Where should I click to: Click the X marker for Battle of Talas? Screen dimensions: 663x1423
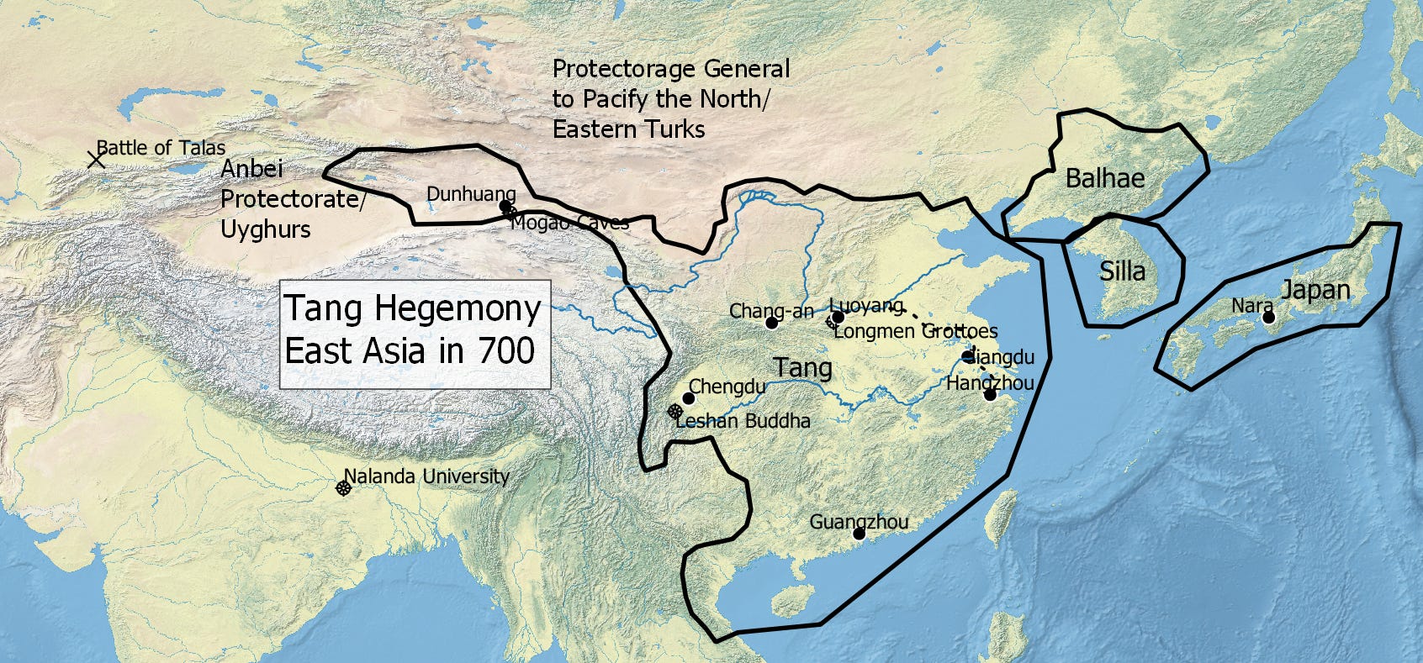click(x=97, y=159)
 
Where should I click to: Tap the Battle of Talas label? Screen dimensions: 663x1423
click(x=161, y=148)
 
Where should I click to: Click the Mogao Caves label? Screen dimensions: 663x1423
click(x=569, y=223)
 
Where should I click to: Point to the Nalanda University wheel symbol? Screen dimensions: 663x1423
click(x=343, y=488)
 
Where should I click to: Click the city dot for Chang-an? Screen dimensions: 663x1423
click(x=772, y=323)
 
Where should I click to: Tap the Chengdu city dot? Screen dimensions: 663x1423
click(x=689, y=398)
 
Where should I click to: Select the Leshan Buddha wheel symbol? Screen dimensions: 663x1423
click(x=674, y=412)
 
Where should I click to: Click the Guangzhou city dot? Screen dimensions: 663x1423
click(x=859, y=534)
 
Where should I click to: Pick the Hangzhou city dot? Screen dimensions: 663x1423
click(x=990, y=395)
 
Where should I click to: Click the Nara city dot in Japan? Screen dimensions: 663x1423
click(x=1269, y=318)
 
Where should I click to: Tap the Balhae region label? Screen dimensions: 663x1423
click(x=1104, y=178)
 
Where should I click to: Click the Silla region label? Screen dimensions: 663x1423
click(x=1122, y=271)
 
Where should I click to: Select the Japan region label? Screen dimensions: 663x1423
click(x=1315, y=291)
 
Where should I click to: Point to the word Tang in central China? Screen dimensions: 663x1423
click(x=802, y=368)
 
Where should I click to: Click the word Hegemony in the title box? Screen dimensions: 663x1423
click(x=458, y=308)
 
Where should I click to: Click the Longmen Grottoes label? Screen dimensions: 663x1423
click(x=915, y=331)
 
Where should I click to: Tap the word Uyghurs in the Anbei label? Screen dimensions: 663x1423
click(x=265, y=229)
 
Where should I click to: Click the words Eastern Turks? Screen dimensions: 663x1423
click(x=628, y=129)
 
